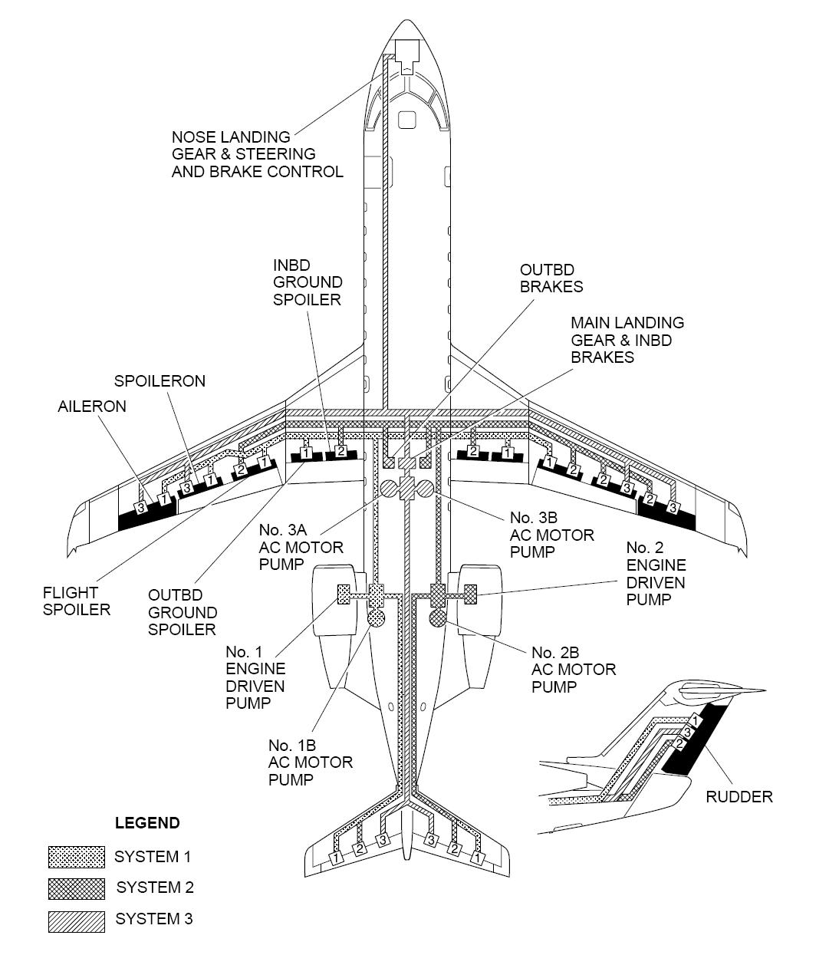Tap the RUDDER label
[739, 797]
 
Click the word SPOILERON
[160, 381]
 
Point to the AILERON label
[92, 407]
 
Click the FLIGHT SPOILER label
[77, 601]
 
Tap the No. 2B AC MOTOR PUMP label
[573, 670]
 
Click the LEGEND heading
[147, 823]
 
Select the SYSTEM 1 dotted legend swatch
[76, 857]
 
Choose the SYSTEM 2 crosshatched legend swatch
[76, 888]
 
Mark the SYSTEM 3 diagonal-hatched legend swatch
[76, 920]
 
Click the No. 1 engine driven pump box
[344, 594]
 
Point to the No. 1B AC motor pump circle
[377, 617]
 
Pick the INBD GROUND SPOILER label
[307, 282]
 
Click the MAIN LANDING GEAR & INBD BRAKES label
[627, 340]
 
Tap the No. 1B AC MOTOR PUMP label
[310, 762]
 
